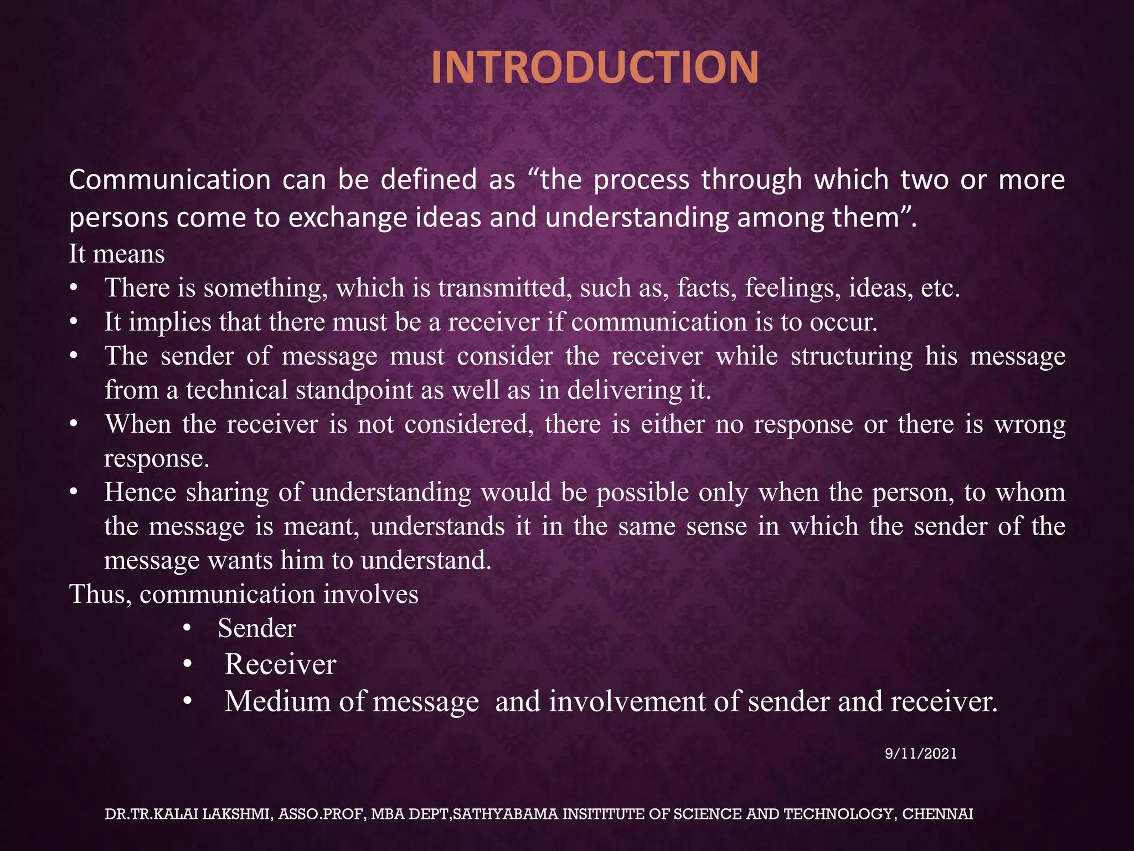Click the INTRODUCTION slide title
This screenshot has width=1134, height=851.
point(595,68)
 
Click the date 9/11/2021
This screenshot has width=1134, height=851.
point(921,753)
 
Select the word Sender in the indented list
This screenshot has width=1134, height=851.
point(257,628)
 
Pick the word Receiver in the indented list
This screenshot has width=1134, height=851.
point(280,664)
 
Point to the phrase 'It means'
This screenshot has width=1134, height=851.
point(117,254)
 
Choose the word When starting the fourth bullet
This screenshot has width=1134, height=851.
point(138,425)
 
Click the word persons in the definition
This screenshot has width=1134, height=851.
point(118,217)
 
